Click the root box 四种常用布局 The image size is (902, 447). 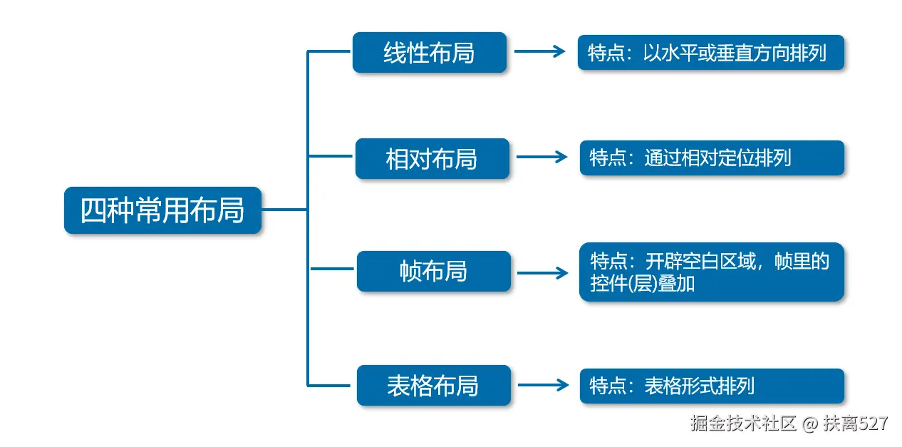click(162, 210)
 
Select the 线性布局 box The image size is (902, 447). click(429, 53)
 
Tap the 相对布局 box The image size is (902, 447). click(432, 158)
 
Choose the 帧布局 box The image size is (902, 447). click(433, 272)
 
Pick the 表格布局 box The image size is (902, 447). click(433, 386)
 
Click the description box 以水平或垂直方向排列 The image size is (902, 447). click(710, 53)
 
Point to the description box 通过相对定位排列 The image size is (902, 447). click(711, 158)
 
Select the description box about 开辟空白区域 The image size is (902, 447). click(711, 272)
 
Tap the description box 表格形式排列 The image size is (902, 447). click(711, 386)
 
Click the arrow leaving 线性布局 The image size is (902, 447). click(539, 52)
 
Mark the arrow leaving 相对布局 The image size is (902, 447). click(541, 158)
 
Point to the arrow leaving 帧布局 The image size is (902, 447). click(542, 272)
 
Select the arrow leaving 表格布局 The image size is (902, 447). click(543, 385)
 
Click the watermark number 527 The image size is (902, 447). click(874, 423)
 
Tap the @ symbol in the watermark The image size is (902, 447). click(809, 423)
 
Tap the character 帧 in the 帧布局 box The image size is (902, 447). click(412, 272)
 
